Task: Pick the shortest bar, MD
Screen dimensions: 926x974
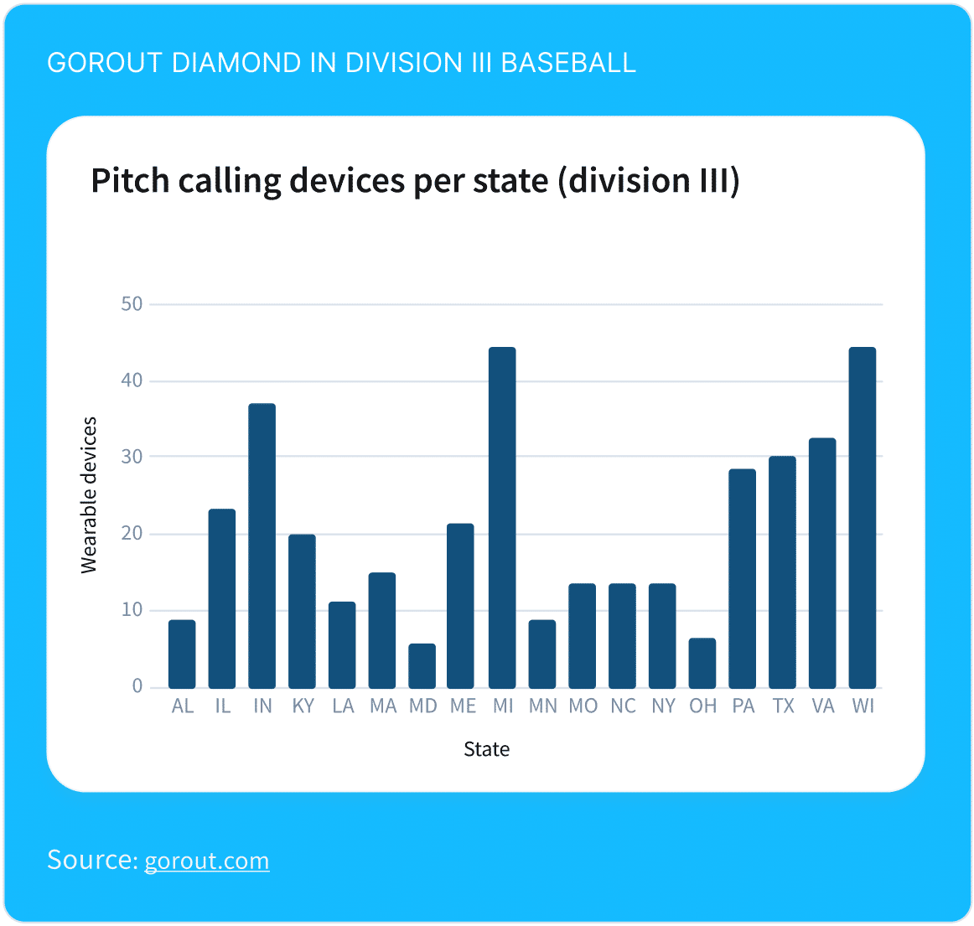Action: click(422, 666)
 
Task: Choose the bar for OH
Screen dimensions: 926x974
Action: click(702, 664)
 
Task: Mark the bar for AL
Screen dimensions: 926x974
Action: click(182, 654)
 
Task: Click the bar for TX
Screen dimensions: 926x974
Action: click(782, 572)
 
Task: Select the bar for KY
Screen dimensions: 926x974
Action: click(302, 612)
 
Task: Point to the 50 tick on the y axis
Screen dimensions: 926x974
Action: click(132, 304)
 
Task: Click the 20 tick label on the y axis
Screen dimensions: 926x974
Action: click(132, 534)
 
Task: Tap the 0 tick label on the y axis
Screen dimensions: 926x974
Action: click(137, 687)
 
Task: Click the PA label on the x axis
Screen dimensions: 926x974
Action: click(743, 706)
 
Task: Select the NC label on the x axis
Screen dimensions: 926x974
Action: click(623, 706)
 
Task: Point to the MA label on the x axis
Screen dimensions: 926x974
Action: click(383, 706)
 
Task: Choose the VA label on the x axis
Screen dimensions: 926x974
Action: click(822, 706)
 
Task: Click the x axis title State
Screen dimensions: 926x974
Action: click(486, 749)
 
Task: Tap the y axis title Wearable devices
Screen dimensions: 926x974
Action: click(89, 495)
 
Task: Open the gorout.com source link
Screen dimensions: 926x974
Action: click(207, 861)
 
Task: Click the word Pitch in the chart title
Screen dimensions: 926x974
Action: click(131, 181)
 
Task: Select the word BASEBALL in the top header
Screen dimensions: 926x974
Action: click(567, 63)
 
